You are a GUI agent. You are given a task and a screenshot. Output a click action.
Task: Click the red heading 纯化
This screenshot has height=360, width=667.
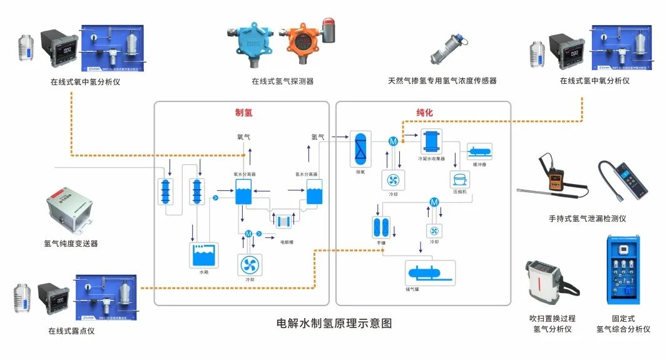[x=424, y=113]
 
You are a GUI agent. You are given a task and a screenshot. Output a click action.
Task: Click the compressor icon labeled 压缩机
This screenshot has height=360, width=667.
[x=457, y=179]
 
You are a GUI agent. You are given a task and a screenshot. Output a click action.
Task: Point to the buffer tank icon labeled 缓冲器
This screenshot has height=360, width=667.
[x=480, y=151]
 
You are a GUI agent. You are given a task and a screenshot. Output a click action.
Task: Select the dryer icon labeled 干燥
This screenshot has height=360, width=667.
[x=381, y=226]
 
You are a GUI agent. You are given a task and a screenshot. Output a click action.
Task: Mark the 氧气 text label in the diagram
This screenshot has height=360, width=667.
[x=244, y=136]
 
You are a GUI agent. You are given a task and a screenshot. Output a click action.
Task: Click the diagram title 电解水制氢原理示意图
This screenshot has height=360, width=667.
[x=333, y=324]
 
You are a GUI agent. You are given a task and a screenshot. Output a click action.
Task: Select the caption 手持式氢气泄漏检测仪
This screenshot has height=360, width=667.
[x=587, y=219]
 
